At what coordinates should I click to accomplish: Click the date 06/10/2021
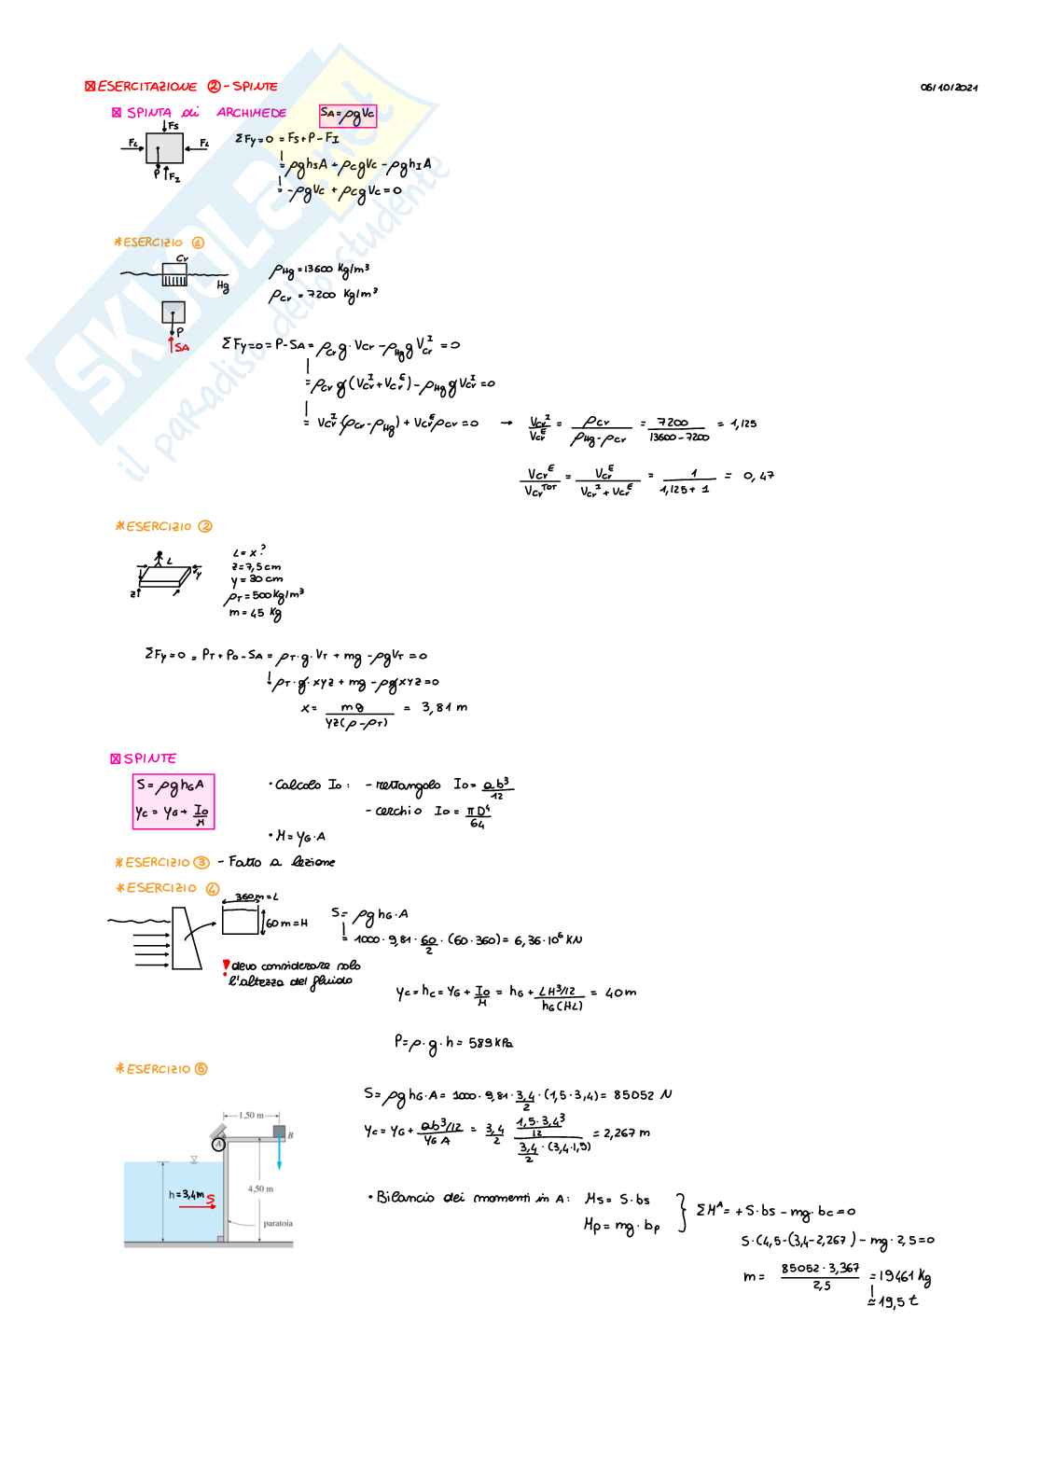[x=949, y=88]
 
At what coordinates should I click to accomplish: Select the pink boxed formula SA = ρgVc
[x=347, y=115]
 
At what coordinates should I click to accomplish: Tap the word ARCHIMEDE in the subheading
[x=251, y=113]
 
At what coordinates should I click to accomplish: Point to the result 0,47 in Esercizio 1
[x=758, y=476]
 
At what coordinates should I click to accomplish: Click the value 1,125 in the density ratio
[x=743, y=424]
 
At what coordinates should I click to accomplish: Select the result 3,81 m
[x=444, y=707]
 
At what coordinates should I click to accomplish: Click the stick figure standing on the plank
[x=160, y=559]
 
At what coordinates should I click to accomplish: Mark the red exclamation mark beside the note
[x=226, y=966]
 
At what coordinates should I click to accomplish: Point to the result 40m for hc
[x=620, y=993]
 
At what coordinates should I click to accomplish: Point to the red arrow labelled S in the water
[x=198, y=1205]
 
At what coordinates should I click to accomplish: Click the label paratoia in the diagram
[x=277, y=1223]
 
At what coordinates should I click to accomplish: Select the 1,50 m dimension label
[x=251, y=1115]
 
